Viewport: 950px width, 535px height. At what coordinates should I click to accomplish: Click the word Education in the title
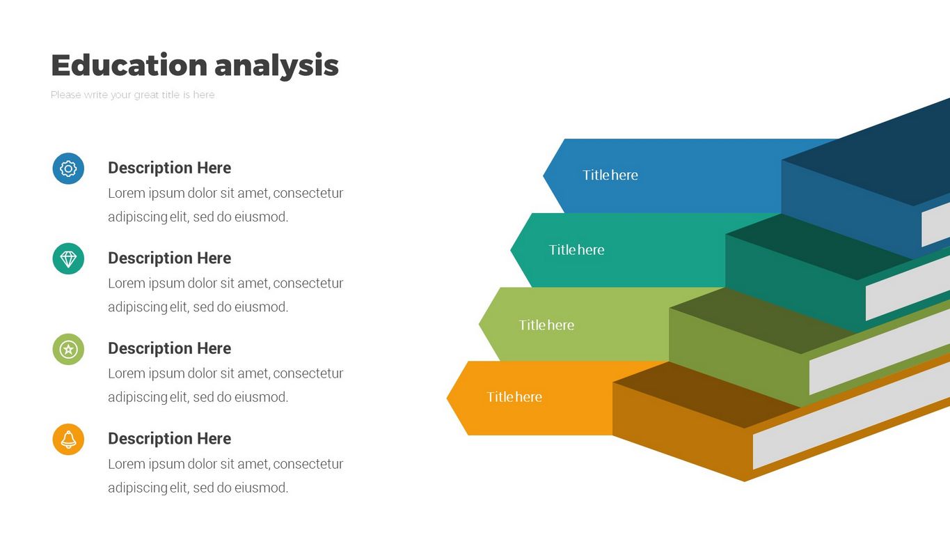(x=129, y=65)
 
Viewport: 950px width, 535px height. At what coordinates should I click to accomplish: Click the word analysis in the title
(x=276, y=65)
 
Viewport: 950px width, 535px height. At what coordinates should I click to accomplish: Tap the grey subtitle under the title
(x=132, y=95)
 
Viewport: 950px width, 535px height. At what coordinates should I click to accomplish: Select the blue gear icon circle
(x=68, y=169)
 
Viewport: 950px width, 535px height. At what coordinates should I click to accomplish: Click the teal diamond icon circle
(x=68, y=259)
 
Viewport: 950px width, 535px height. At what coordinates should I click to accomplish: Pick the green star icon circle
(x=68, y=349)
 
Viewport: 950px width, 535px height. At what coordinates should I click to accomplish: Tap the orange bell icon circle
(x=68, y=440)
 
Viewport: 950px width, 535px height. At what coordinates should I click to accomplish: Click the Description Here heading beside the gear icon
(x=169, y=168)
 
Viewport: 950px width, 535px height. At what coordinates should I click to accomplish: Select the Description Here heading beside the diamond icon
(x=169, y=258)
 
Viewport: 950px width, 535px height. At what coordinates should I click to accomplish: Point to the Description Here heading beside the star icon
(x=169, y=348)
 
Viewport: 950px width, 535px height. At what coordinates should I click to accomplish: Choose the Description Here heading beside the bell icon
(x=169, y=439)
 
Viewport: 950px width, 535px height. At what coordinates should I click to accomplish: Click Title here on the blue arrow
(x=610, y=176)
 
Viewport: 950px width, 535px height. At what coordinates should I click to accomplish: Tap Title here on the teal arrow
(x=576, y=250)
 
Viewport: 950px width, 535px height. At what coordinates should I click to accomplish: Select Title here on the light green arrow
(x=546, y=325)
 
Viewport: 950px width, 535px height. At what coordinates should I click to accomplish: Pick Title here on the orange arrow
(x=514, y=397)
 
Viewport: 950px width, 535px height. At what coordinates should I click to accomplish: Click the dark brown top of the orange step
(x=703, y=394)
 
